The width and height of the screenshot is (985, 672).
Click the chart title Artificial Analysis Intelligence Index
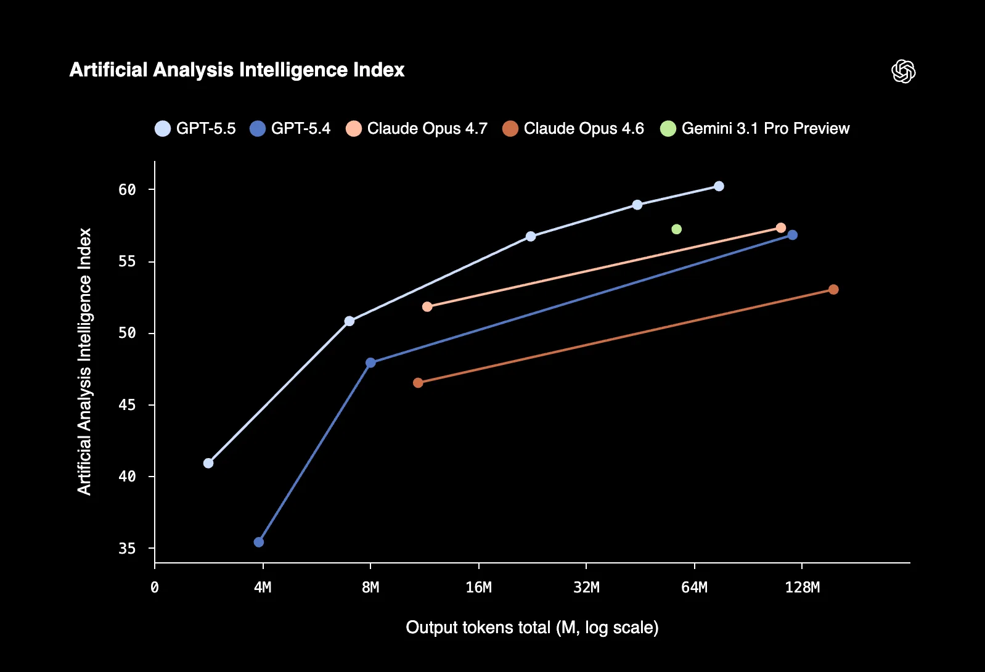point(237,70)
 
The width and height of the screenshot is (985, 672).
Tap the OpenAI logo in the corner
point(903,72)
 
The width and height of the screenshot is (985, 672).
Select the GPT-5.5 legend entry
point(195,128)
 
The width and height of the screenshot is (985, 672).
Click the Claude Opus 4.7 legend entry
point(417,128)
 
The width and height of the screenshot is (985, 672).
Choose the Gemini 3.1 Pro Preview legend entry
point(755,128)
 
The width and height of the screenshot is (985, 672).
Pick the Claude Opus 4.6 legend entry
point(573,128)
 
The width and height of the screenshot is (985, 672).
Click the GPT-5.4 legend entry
point(290,128)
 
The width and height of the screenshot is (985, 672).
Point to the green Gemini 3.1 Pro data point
point(676,229)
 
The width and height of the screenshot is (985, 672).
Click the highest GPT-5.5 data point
point(719,186)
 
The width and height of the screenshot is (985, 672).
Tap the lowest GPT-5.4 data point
point(259,542)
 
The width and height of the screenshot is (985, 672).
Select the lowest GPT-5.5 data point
point(208,463)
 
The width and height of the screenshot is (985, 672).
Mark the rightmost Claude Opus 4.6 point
point(833,290)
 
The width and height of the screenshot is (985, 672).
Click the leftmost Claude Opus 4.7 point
point(427,306)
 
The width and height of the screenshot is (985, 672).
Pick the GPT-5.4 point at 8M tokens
point(370,363)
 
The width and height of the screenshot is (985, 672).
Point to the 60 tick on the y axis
point(128,190)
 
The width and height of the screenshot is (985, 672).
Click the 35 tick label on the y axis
point(128,549)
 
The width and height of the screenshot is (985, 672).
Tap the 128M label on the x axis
point(802,588)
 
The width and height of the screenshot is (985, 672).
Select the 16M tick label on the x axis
point(479,588)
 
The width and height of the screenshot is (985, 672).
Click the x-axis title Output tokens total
point(532,628)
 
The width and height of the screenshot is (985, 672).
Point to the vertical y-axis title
point(84,361)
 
